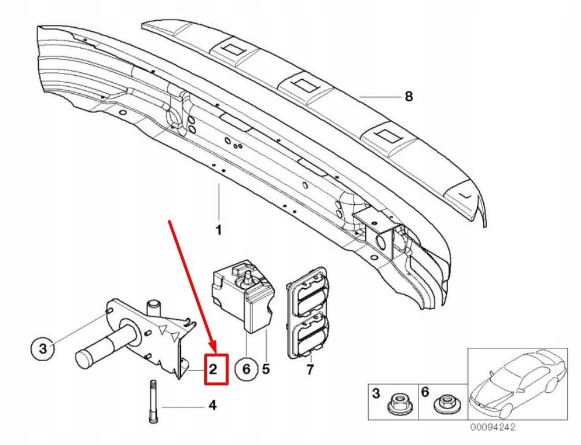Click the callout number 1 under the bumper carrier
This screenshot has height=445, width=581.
click(219, 230)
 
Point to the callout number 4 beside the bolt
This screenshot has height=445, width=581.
click(212, 406)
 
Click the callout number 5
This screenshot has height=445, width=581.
click(266, 369)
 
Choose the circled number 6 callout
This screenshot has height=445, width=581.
click(246, 369)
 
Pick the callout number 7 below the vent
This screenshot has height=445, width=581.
click(310, 369)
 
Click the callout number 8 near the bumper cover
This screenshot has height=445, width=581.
click(409, 96)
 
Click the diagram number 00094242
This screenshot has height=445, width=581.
click(492, 428)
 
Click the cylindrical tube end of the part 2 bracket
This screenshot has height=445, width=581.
click(93, 355)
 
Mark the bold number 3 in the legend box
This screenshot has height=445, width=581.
click(376, 393)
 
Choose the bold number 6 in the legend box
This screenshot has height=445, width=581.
click(425, 393)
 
